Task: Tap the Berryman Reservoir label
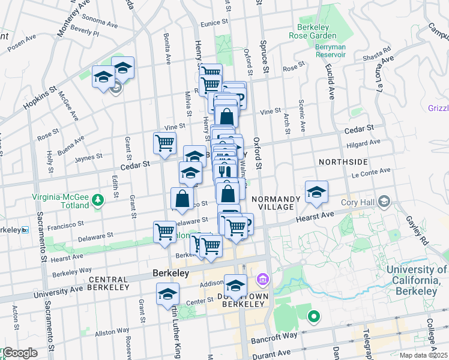pyautogui.click(x=330, y=49)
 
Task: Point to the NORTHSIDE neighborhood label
pyautogui.click(x=343, y=162)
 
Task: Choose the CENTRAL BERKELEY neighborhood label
pyautogui.click(x=109, y=283)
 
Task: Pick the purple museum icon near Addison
pyautogui.click(x=262, y=279)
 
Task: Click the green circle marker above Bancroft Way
pyautogui.click(x=313, y=316)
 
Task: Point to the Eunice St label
pyautogui.click(x=215, y=22)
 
